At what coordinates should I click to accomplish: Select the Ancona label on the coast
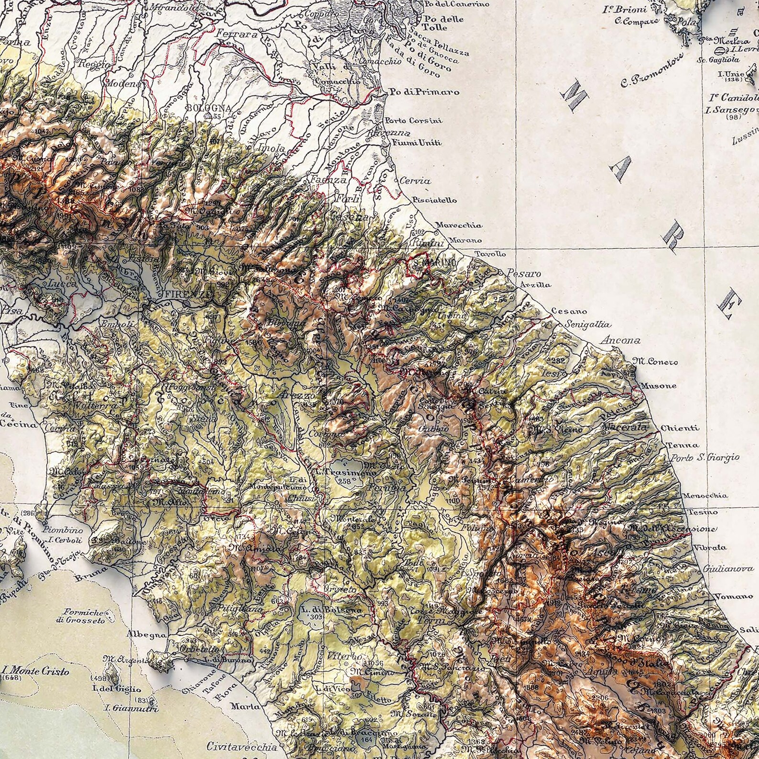(x=620, y=341)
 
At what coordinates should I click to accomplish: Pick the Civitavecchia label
(x=242, y=746)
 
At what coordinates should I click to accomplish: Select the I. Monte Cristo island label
(x=35, y=671)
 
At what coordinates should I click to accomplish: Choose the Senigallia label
(x=587, y=325)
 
